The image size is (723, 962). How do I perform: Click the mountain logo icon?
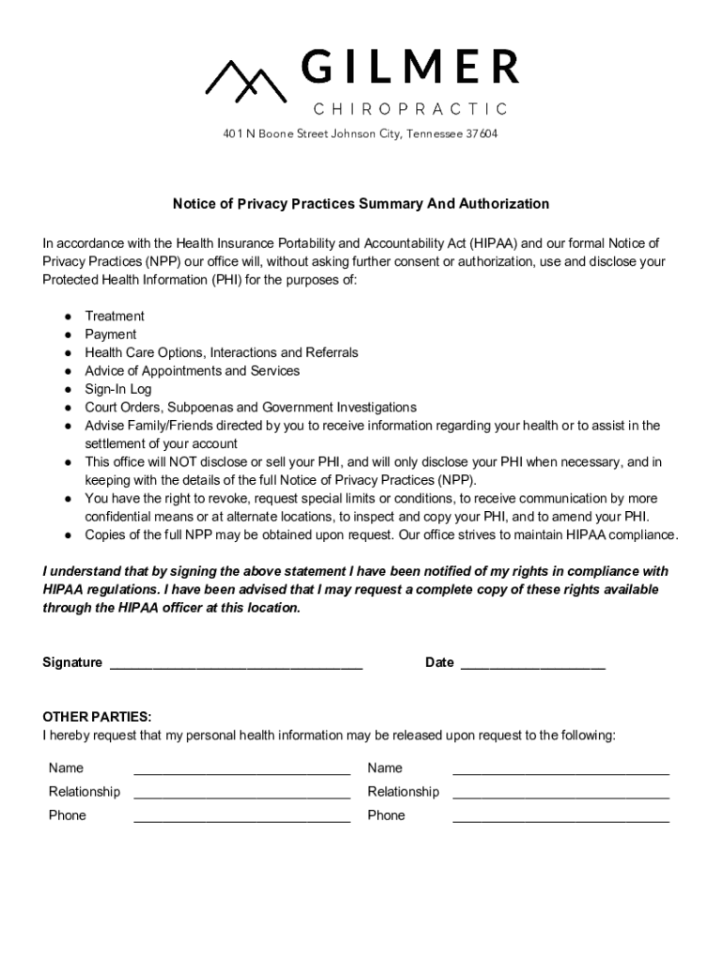246,79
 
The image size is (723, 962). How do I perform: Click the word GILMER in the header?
409,68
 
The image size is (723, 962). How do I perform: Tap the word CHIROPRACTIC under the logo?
409,109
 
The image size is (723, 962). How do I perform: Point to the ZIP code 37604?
481,133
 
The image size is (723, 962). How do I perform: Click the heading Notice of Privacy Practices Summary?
361,204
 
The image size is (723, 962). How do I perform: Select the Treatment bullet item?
115,317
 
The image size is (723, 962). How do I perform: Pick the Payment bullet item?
111,334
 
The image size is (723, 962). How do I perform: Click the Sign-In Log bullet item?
118,389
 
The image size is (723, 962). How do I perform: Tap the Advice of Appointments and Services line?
192,371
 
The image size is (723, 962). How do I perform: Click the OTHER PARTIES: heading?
97,717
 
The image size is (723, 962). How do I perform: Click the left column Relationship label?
85,792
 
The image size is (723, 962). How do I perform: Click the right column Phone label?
386,815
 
